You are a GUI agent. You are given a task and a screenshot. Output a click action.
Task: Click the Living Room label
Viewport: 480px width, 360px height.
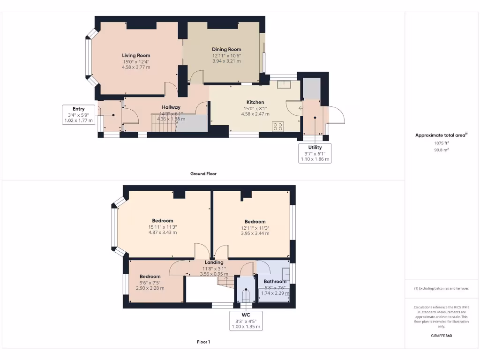click(x=136, y=55)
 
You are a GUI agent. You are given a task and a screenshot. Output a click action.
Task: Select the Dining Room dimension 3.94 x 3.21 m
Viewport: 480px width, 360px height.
click(x=226, y=61)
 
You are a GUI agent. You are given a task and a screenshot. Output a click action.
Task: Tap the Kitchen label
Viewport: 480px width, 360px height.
click(x=255, y=102)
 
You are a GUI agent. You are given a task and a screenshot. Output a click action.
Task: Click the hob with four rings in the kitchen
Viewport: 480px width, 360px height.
click(x=278, y=126)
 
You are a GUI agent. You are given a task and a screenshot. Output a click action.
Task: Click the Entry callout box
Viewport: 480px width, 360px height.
click(x=78, y=115)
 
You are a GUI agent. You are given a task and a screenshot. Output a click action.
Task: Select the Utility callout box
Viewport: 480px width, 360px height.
click(x=315, y=153)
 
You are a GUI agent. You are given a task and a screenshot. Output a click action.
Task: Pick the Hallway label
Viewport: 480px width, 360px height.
click(x=171, y=107)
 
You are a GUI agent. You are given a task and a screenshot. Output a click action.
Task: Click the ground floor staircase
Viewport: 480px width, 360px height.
click(x=164, y=123)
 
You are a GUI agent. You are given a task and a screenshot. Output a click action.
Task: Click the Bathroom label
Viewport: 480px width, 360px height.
click(x=275, y=282)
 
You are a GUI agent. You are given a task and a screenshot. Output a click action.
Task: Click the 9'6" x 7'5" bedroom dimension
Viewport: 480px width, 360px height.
click(x=150, y=282)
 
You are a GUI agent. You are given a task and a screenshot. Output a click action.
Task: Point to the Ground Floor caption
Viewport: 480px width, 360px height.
click(x=203, y=173)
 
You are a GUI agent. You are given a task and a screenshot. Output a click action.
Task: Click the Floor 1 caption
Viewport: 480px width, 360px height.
click(x=203, y=342)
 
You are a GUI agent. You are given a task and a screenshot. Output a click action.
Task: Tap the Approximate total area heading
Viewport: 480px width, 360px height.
click(x=441, y=135)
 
